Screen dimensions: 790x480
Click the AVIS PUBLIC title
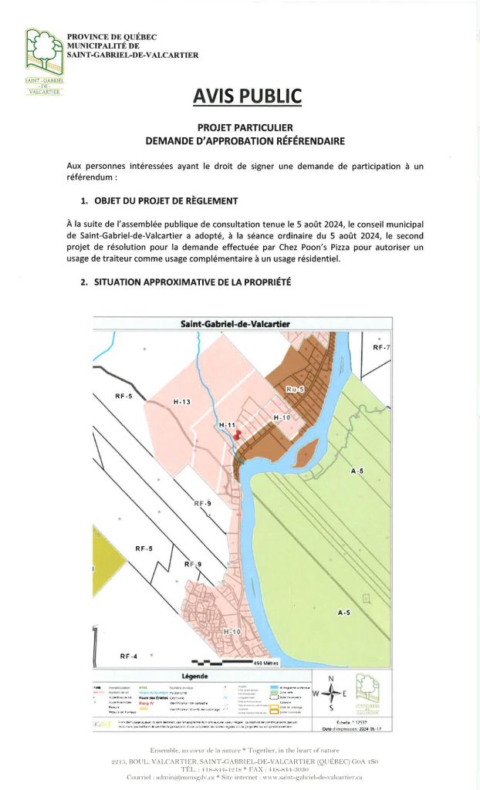[x=247, y=96]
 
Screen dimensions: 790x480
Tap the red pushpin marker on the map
[x=237, y=434]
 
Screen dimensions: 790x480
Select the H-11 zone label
[x=227, y=425]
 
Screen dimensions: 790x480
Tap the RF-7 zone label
[x=381, y=348]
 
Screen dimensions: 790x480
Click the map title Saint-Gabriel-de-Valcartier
[x=235, y=324]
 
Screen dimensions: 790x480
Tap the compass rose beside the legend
[x=331, y=693]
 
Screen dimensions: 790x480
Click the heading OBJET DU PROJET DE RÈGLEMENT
[x=165, y=201]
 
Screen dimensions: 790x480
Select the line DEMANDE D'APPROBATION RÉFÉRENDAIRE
[x=246, y=141]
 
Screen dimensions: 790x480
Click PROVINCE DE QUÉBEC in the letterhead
[x=112, y=36]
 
